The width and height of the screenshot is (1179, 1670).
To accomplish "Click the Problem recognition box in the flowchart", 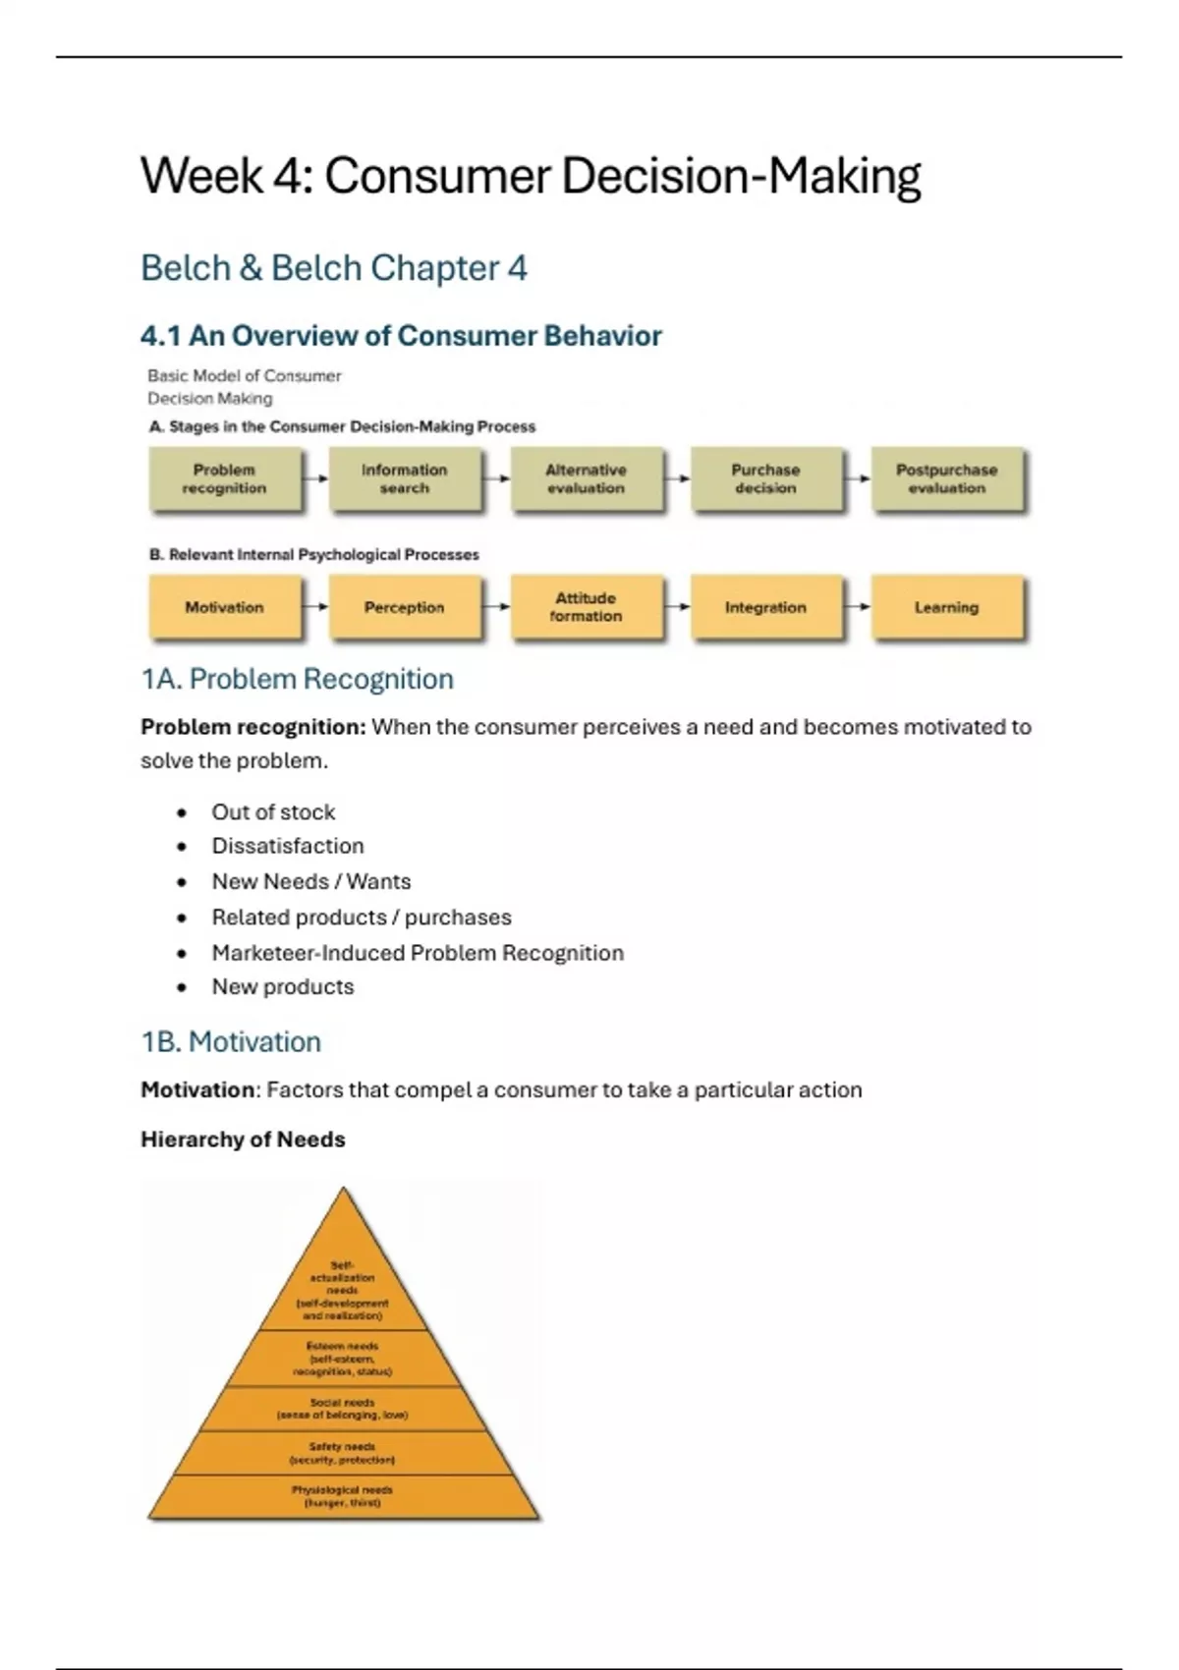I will click(x=224, y=479).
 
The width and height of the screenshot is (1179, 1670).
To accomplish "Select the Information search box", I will click(x=404, y=479).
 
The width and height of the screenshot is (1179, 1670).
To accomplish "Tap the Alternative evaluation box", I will click(x=586, y=479).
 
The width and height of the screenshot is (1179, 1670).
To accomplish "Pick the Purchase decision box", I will click(x=765, y=479).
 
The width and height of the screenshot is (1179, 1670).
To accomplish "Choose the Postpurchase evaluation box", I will click(x=946, y=479).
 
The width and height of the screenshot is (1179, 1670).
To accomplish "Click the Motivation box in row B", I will click(x=224, y=607).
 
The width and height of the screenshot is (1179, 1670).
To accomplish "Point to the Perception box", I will click(x=404, y=607).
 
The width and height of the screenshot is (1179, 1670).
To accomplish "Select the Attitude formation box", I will click(x=586, y=607).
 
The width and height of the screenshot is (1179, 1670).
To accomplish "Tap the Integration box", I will click(x=765, y=607).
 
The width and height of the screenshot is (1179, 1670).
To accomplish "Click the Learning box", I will click(x=946, y=607).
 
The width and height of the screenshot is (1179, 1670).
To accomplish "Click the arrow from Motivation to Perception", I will click(x=315, y=607).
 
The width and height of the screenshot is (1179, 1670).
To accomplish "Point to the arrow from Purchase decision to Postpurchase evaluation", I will click(x=858, y=479).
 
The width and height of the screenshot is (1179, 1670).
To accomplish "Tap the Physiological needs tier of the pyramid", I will click(x=343, y=1496).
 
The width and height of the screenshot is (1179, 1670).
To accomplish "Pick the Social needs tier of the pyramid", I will click(x=343, y=1409).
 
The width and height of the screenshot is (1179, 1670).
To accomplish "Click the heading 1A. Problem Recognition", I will click(x=297, y=679).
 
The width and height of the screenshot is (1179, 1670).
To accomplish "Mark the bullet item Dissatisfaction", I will click(x=288, y=846).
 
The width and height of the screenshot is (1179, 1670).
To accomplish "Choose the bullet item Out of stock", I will click(x=273, y=812).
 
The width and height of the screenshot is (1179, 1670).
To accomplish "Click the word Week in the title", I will click(x=202, y=177).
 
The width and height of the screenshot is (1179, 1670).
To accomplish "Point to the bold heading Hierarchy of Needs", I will click(x=243, y=1140).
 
